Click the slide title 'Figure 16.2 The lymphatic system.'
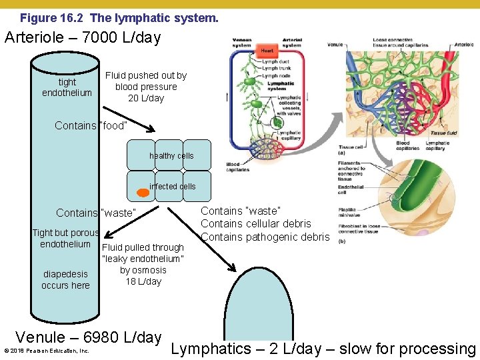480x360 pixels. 119,18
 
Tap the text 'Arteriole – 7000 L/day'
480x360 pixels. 83,38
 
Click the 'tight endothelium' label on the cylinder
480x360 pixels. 67,87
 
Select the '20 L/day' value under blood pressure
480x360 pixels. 146,98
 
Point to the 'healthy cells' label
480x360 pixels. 171,156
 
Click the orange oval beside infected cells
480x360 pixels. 143,194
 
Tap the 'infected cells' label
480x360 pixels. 173,187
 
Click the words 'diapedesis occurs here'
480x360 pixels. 65,279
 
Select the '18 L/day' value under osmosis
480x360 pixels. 143,281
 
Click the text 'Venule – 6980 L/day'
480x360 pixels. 88,337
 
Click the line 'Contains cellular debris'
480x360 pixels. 256,224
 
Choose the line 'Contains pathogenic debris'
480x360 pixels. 265,237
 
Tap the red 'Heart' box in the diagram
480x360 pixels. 267,51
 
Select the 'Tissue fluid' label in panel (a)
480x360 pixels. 443,133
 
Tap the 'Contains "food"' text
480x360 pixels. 91,125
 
